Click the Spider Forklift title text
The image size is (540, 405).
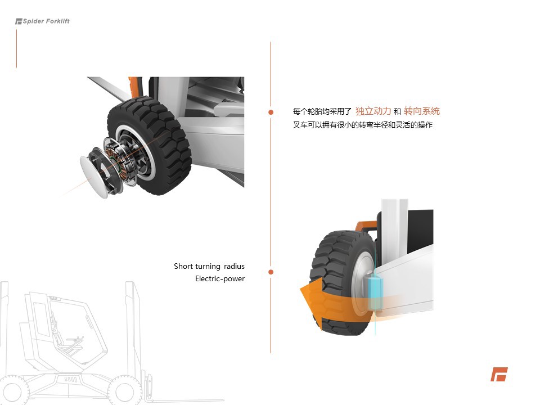click(x=46, y=21)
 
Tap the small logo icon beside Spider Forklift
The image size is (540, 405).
click(x=19, y=21)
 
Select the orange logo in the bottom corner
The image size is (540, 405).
click(x=498, y=374)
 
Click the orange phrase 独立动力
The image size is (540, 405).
click(x=373, y=111)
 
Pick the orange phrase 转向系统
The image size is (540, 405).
click(x=422, y=111)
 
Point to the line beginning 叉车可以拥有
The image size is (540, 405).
click(x=363, y=125)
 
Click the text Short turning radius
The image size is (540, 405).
click(x=209, y=266)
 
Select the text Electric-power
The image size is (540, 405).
click(x=220, y=278)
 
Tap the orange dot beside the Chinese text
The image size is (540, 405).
click(x=271, y=112)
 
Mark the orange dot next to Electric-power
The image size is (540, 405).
click(x=271, y=272)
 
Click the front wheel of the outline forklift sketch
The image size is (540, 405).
click(x=120, y=390)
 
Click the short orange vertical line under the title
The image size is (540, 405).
click(x=16, y=48)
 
